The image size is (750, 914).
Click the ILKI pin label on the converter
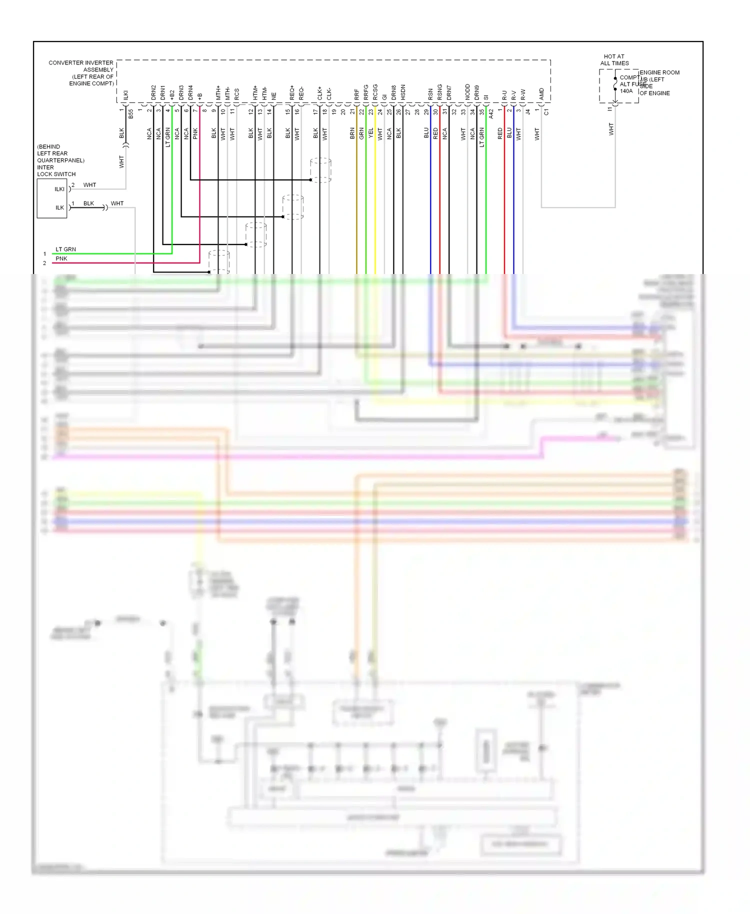pyautogui.click(x=126, y=95)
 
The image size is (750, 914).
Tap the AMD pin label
pyautogui.click(x=541, y=94)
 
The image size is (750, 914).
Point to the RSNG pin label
pyautogui.click(x=440, y=92)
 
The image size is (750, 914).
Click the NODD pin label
pyautogui.click(x=467, y=92)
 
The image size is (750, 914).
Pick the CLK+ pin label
pyautogui.click(x=320, y=93)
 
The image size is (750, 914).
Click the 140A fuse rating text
pyautogui.click(x=626, y=91)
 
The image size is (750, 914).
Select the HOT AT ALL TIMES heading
pyautogui.click(x=614, y=60)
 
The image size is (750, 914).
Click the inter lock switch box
pyautogui.click(x=52, y=198)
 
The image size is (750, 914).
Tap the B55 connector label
pyautogui.click(x=131, y=113)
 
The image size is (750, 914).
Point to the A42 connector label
pyautogui.click(x=491, y=113)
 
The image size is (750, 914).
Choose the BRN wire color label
pyautogui.click(x=352, y=133)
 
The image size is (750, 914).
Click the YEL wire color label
pyautogui.click(x=370, y=133)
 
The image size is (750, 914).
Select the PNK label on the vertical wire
pyautogui.click(x=195, y=133)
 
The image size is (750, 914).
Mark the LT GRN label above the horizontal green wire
pyautogui.click(x=65, y=249)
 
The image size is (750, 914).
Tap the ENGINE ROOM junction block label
pyautogui.click(x=659, y=72)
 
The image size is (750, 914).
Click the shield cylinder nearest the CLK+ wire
pyautogui.click(x=320, y=170)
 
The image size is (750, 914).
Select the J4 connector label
pyautogui.click(x=528, y=112)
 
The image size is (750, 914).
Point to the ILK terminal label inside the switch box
pyautogui.click(x=59, y=207)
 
